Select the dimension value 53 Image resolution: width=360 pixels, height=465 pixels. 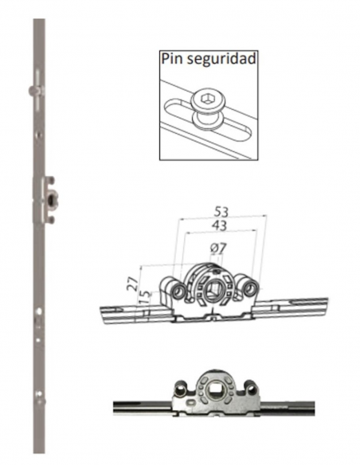pos(221,212)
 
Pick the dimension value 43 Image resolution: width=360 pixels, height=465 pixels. pos(219,226)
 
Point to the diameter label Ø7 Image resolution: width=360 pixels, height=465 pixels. pos(218,248)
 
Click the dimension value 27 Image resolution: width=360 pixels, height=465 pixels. pos(132,283)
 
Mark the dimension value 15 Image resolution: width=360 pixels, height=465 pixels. pos(145,298)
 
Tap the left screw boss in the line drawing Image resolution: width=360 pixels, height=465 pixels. pos(178,291)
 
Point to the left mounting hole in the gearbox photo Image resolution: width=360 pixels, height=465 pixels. pos(180,389)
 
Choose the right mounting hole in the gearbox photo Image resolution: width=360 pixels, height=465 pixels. pos(251,389)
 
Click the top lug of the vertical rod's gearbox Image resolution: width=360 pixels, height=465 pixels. pos(51,180)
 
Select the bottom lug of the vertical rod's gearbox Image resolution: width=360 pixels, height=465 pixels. pos(51,220)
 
